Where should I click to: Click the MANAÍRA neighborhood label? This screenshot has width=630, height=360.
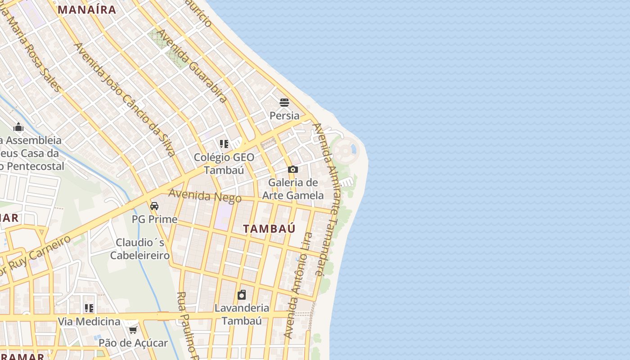click(87, 9)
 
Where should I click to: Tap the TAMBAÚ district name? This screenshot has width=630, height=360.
click(269, 229)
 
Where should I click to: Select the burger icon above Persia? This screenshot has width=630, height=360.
click(284, 103)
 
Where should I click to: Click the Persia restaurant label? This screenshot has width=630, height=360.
click(284, 116)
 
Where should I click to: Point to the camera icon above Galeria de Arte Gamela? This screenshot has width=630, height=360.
click(293, 170)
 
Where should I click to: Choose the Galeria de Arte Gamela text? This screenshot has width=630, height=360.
click(293, 189)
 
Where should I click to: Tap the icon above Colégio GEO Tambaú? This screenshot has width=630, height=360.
click(224, 144)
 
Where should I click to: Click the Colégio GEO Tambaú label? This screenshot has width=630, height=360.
click(224, 164)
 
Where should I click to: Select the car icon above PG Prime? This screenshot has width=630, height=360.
click(154, 206)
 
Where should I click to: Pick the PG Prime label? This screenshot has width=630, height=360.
click(154, 220)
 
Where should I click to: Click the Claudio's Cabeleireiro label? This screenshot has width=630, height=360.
click(140, 249)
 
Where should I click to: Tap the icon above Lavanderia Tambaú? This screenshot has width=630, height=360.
click(242, 295)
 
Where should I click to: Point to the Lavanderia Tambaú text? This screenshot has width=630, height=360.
click(242, 314)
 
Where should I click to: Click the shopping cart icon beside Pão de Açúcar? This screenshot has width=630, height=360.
click(133, 330)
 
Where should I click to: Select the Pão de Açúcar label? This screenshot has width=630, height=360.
click(133, 343)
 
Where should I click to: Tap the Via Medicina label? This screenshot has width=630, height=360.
click(89, 322)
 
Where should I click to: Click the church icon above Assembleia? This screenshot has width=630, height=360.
click(18, 127)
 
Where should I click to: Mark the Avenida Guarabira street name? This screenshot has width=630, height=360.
click(192, 66)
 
